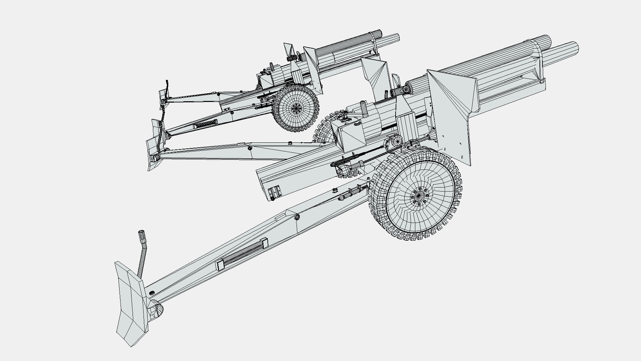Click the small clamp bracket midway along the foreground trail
coord(220,265)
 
